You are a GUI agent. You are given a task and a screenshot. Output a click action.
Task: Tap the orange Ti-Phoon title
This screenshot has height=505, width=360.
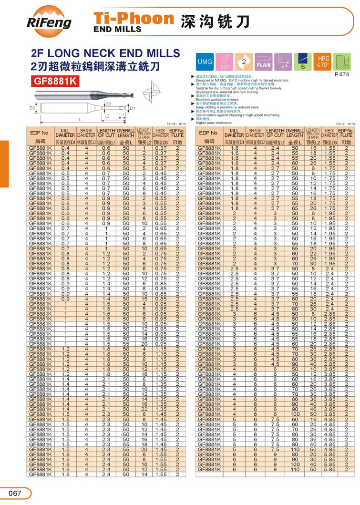[134, 18]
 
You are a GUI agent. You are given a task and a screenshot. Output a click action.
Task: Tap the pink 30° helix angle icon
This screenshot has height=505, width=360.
[224, 62]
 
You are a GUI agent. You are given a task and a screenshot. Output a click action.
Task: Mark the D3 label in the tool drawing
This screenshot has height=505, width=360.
[108, 103]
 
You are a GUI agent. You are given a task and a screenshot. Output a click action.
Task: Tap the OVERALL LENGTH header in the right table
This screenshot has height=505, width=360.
[294, 133]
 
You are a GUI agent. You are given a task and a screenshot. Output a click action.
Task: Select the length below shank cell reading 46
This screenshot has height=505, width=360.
[313, 408]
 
